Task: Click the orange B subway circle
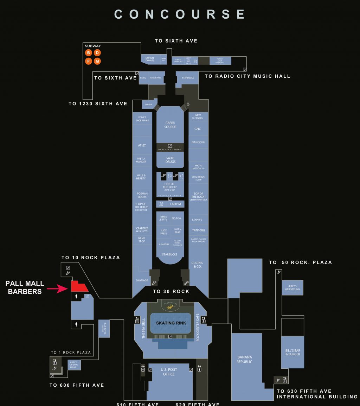pos(89,53)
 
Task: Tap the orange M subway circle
pos(97,61)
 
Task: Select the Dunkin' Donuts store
pos(150,59)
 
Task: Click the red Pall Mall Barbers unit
pos(79,287)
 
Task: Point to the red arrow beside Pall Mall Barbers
pos(57,289)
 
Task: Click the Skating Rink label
pos(171,323)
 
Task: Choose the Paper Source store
pos(170,125)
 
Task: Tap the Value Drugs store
pos(170,160)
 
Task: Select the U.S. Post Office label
pos(169,372)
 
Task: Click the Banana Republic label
pos(244,359)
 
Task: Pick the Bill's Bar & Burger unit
pos(292,352)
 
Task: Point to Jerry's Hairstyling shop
pos(292,288)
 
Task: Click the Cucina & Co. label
pos(197,265)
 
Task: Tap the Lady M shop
pos(175,204)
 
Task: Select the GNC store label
pos(198,129)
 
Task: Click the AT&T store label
pos(142,145)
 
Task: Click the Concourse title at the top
pos(180,14)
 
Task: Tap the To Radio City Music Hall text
pos(247,76)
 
